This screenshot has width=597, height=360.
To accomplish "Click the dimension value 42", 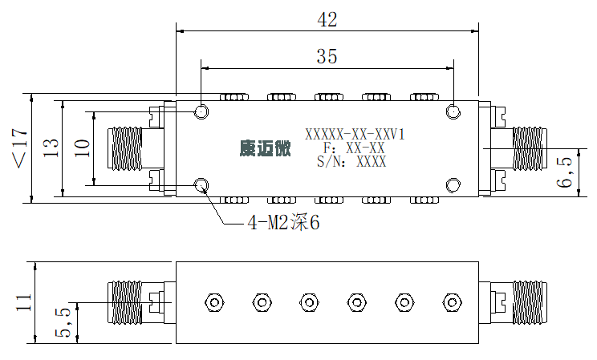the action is click(x=327, y=20).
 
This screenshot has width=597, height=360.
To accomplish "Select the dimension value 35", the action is click(x=327, y=56).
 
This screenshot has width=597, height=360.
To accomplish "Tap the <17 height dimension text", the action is click(x=20, y=148).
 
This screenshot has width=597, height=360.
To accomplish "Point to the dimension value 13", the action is click(x=51, y=148).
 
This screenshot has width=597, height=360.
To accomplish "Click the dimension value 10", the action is click(x=82, y=148).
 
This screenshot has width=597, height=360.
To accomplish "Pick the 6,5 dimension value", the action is click(x=564, y=172).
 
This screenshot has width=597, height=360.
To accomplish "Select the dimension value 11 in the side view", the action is click(x=23, y=302).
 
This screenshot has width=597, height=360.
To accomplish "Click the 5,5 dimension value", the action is click(x=63, y=322).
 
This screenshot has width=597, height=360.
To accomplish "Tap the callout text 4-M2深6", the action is click(x=283, y=223).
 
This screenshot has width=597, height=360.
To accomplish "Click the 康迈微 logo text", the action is click(x=265, y=148).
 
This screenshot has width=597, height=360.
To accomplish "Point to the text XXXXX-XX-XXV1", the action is click(x=355, y=135).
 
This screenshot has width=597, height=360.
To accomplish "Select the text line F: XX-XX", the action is click(x=354, y=148).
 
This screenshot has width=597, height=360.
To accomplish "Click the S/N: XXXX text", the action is click(x=351, y=162).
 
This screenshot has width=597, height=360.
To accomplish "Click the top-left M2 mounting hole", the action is click(x=201, y=112).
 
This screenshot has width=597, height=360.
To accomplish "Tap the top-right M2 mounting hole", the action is click(x=453, y=112).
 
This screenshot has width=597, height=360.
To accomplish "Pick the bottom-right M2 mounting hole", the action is click(x=453, y=185).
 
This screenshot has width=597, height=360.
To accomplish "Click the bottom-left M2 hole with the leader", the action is click(x=201, y=185).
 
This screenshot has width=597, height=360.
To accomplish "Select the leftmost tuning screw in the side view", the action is click(x=214, y=302).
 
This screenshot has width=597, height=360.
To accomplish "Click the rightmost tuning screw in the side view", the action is click(x=453, y=302).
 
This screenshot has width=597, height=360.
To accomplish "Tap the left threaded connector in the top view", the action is click(x=124, y=148).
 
